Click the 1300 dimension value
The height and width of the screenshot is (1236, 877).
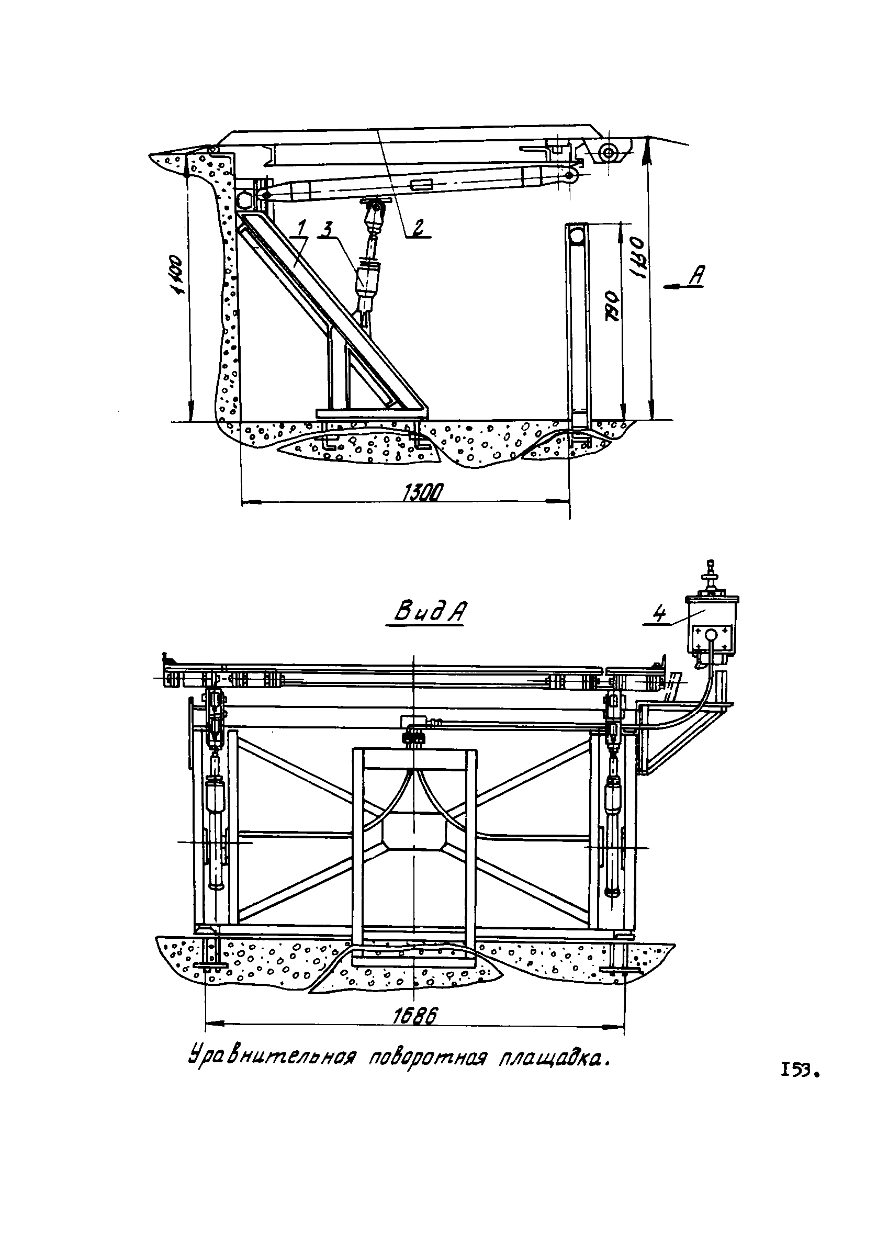pos(423,492)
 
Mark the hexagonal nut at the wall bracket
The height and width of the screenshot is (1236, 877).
pos(243,200)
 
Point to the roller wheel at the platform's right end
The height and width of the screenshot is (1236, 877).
pos(609,153)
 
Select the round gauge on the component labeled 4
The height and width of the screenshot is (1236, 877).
pos(712,634)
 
